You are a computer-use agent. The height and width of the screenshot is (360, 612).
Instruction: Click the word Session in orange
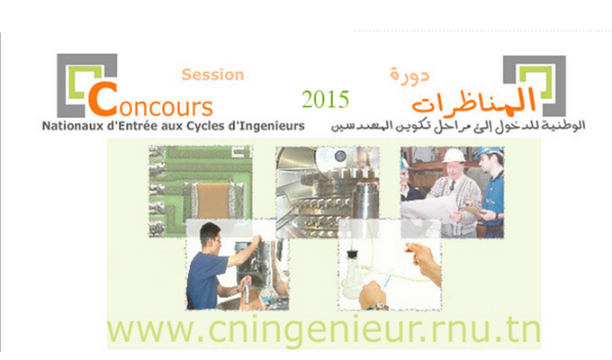tap(212, 75)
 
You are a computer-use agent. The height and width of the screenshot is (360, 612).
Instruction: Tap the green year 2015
tap(325, 99)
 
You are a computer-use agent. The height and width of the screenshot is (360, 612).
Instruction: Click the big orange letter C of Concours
tap(103, 99)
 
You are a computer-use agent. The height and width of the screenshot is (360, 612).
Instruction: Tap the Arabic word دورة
tap(409, 75)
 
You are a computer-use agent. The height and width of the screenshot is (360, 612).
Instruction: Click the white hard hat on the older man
tap(454, 156)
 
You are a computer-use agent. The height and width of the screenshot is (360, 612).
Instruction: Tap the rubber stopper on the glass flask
tap(353, 254)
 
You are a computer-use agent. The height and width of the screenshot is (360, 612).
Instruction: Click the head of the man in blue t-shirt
tap(210, 236)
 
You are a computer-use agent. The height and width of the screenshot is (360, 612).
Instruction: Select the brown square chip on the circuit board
tap(212, 201)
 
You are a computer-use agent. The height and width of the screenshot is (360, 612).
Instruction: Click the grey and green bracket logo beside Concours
tap(86, 85)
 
